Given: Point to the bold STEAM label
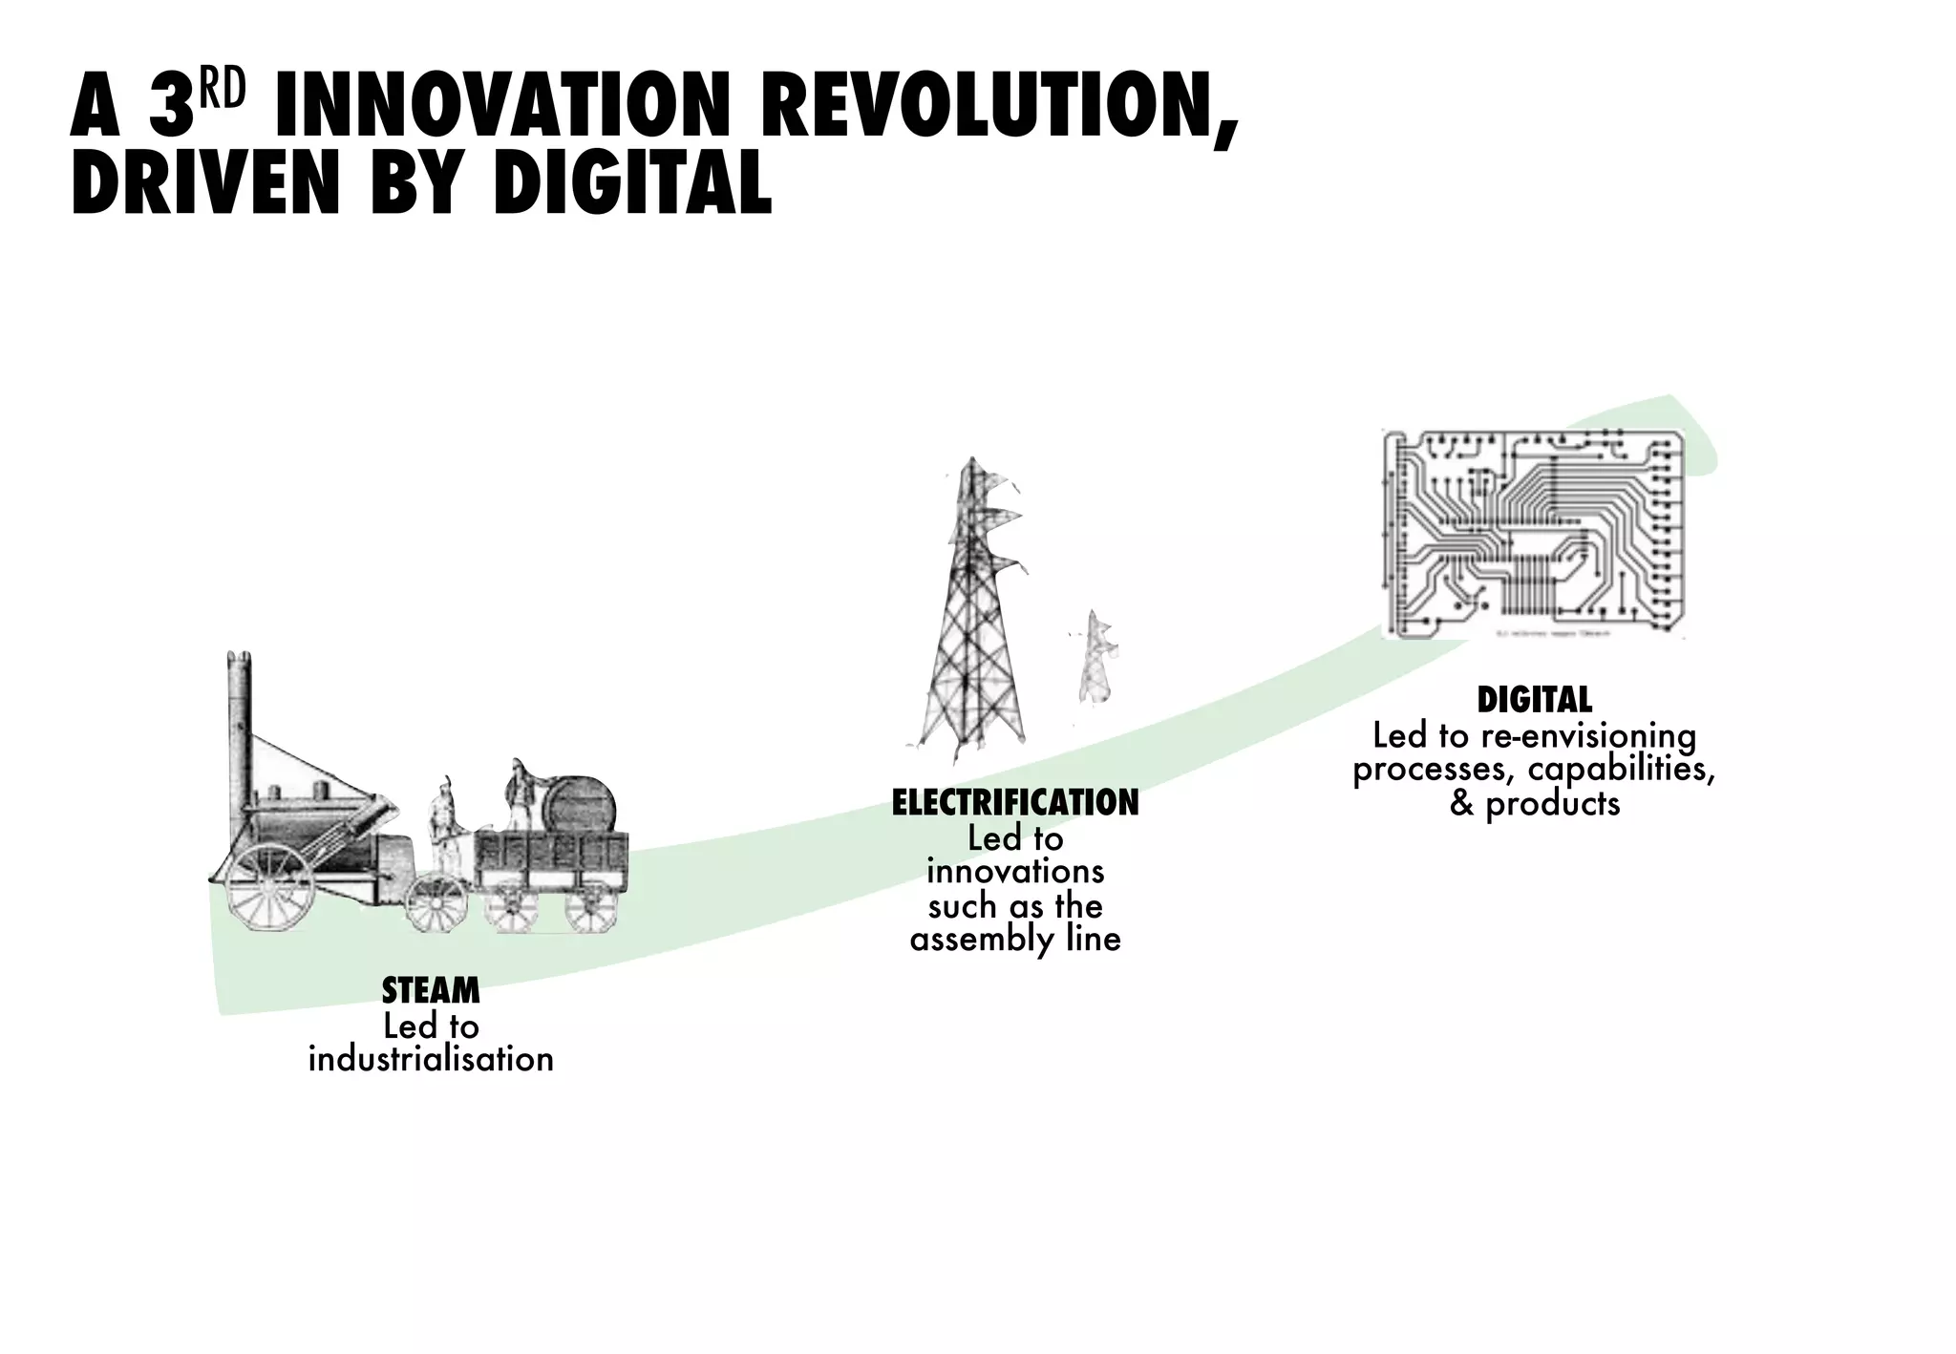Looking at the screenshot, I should point(431,991).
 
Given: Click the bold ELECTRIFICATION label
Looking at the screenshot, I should point(1015,803).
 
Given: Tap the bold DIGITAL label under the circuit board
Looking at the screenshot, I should point(1534,700).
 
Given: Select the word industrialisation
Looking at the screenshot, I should point(431,1059).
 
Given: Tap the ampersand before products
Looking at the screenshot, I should point(1460,804).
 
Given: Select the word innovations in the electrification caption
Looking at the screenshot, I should point(1015,872).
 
